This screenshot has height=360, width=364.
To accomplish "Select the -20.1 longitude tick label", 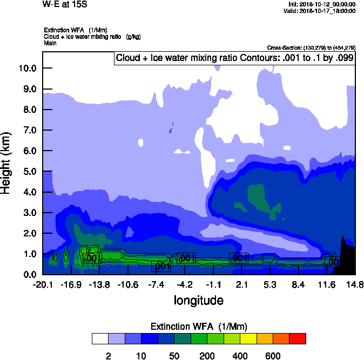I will click(43, 284).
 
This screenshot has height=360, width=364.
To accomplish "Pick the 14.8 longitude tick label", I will click(355, 284).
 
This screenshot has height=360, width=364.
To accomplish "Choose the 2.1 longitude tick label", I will click(241, 284).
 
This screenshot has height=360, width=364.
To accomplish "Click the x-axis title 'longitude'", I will click(198, 300).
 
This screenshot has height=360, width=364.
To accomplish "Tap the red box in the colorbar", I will click(298, 338).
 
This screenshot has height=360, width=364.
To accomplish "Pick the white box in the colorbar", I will click(100, 338).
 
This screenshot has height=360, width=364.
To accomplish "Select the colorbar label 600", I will click(273, 356).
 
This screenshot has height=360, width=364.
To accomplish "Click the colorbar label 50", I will click(174, 356).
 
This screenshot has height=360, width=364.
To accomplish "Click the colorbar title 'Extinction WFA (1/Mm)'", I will click(198, 327).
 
